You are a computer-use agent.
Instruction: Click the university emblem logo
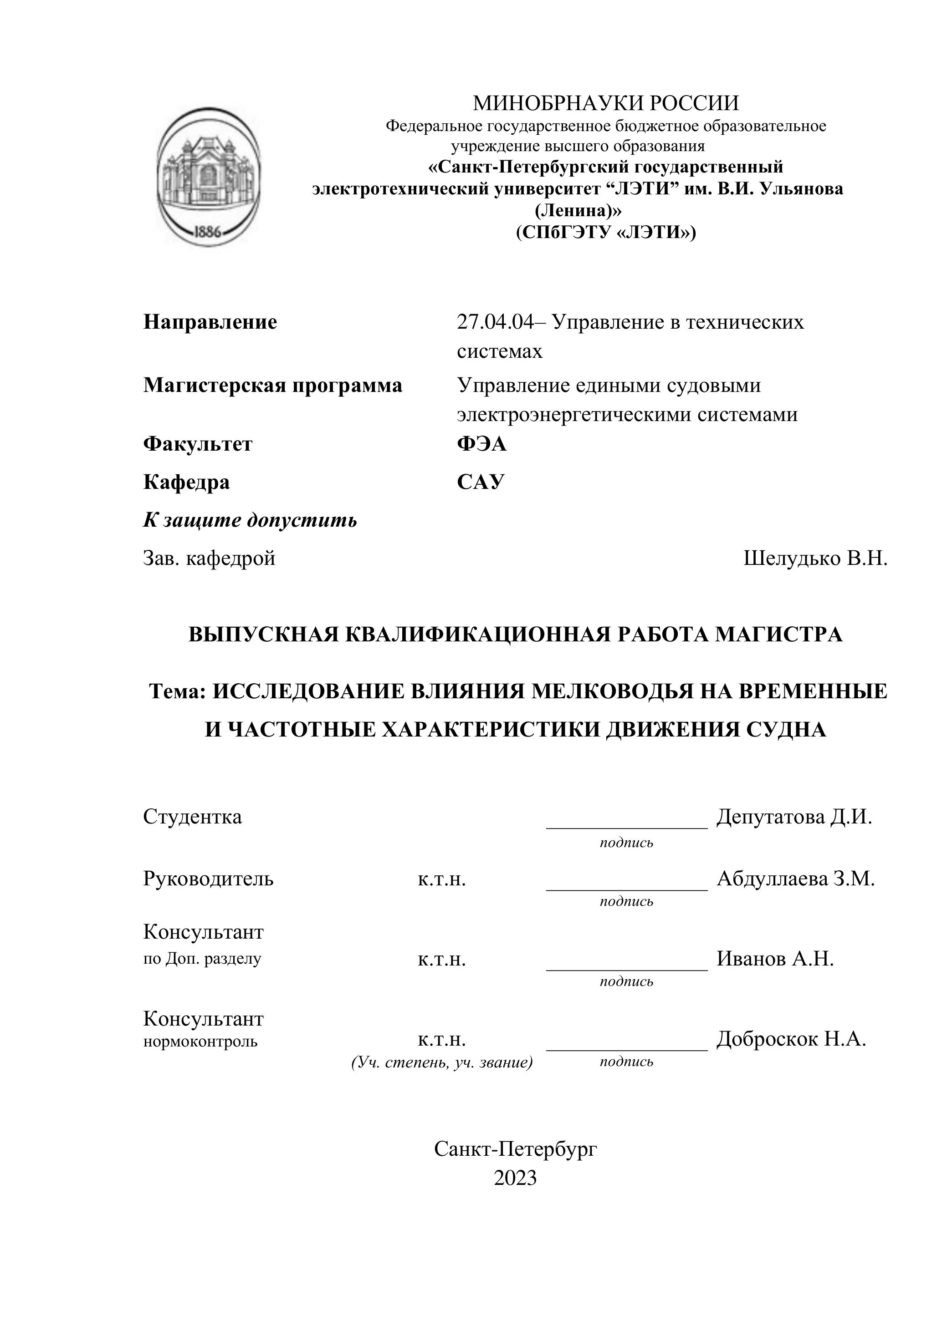tap(208, 176)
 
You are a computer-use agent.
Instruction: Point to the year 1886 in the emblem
tap(207, 232)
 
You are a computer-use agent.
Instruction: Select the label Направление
tap(210, 322)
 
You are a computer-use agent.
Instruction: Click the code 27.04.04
tap(494, 322)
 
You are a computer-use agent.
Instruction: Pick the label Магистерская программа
tap(272, 386)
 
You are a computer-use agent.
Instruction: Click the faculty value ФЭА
tap(481, 444)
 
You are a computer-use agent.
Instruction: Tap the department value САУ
tap(480, 482)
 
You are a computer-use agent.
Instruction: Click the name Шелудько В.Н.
tap(815, 558)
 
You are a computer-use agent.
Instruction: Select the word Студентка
tap(193, 817)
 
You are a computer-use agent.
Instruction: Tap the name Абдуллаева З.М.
tap(795, 879)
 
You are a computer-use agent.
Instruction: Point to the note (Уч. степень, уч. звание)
tap(442, 1062)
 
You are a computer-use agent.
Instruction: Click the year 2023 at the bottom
tap(515, 1178)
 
